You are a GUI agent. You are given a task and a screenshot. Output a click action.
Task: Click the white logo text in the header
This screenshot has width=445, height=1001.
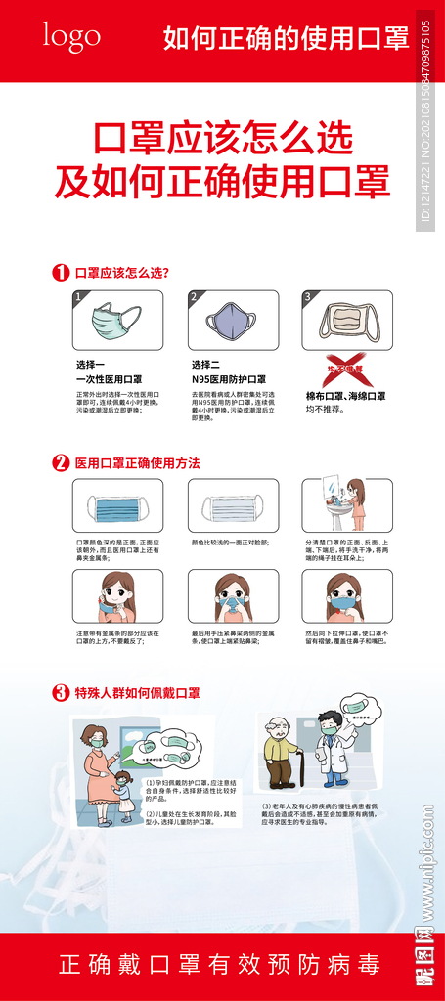click(70, 36)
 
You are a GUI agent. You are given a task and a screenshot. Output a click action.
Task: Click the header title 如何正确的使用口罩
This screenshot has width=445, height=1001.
click(286, 38)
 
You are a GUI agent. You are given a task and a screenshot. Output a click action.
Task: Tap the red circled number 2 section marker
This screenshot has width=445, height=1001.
click(61, 462)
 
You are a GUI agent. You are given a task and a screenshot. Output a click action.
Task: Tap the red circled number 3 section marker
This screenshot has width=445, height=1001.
click(61, 692)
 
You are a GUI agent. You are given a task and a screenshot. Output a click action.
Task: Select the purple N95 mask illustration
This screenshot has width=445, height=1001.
click(231, 321)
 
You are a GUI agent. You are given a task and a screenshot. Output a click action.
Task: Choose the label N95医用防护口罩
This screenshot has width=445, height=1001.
click(229, 379)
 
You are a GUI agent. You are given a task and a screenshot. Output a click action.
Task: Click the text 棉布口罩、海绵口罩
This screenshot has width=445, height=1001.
click(345, 396)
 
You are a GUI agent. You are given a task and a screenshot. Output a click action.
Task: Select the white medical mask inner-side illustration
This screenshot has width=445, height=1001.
click(232, 508)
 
